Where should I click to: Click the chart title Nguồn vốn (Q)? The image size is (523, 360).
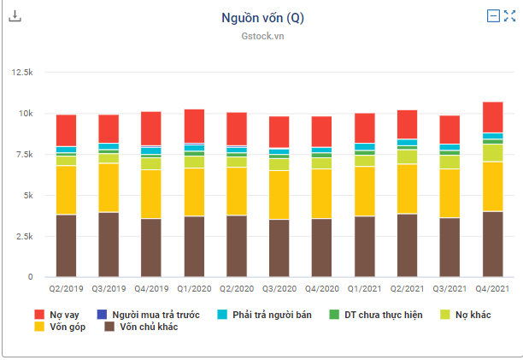pos(261,16)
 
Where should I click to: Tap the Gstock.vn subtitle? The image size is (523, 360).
pos(261,36)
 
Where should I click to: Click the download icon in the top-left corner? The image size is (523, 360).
pos(16,16)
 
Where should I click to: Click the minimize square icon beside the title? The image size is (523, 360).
pos(493,15)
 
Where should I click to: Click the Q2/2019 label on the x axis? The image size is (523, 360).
pos(67,289)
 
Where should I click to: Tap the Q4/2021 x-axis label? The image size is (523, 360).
pos(492,289)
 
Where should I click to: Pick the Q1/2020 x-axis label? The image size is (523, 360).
pos(194,289)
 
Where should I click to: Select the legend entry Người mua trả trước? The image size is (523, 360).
pos(150,315)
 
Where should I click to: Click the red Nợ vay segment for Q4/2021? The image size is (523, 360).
pos(492,117)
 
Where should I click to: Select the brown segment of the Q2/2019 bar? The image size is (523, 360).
pos(67,245)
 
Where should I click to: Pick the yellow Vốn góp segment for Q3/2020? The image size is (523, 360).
pos(279,195)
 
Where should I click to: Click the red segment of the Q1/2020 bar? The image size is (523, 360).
pos(194,126)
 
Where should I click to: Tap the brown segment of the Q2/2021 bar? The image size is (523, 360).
pos(407,245)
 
